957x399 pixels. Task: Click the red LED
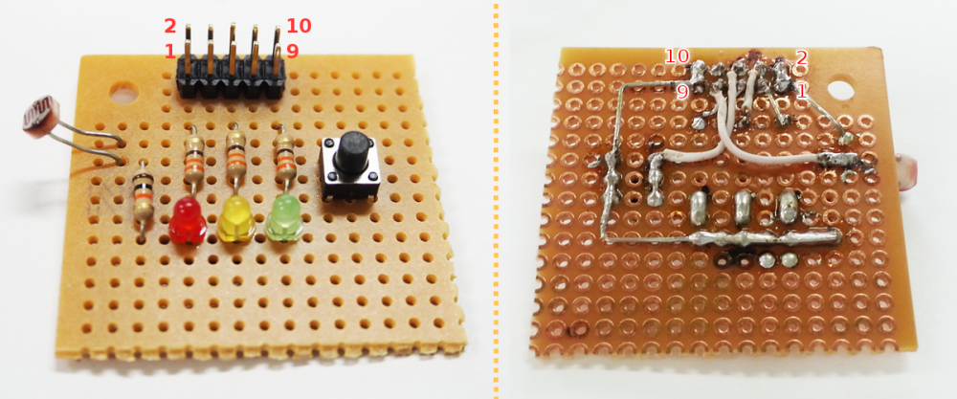[x=188, y=220]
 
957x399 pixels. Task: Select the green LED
[x=284, y=217]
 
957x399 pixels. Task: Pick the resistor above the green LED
[x=284, y=155]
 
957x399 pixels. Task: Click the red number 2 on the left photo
[x=169, y=27]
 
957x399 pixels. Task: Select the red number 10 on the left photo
[x=299, y=26]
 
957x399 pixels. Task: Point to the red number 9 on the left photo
[x=292, y=52]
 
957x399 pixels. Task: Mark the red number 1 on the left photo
[x=169, y=52]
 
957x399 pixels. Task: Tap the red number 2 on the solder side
[x=801, y=58]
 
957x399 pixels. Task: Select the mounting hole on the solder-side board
[x=841, y=87]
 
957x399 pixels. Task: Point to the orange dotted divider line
[x=495, y=199]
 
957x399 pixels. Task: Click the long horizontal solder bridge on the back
[x=766, y=237]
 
